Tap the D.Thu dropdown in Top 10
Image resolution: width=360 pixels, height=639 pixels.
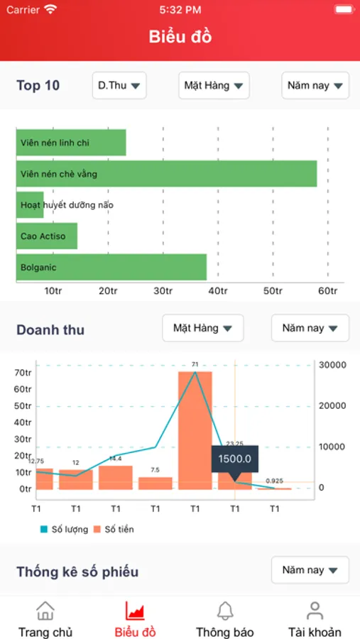119,86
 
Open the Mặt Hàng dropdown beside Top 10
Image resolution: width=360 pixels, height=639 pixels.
214,86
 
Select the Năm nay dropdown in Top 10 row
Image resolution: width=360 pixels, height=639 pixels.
315,86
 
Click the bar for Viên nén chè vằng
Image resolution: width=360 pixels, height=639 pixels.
166,174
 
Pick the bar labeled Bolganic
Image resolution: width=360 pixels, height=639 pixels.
111,267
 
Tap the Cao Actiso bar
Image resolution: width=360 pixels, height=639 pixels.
47,236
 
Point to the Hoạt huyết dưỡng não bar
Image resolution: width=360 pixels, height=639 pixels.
30,205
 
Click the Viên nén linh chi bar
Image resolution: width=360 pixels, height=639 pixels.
71,143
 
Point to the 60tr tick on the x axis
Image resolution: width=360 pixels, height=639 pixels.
327,291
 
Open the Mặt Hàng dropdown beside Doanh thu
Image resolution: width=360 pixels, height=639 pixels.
203,328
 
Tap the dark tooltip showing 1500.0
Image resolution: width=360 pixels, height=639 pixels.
234,459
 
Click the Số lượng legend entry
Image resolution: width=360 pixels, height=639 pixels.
65,529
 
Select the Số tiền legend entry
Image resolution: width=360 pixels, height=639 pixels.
114,529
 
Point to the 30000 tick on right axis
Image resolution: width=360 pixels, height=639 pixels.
332,365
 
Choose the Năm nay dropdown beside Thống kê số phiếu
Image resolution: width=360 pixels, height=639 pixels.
310,569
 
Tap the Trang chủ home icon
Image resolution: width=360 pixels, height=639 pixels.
45,611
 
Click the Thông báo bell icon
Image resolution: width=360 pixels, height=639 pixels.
225,611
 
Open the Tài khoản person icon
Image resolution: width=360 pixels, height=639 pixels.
315,611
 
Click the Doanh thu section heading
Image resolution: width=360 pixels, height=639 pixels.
50,329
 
